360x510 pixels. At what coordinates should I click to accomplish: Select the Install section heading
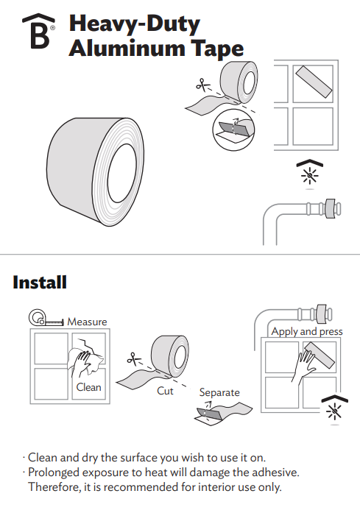[x=40, y=282]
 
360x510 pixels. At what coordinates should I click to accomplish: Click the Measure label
[x=87, y=322]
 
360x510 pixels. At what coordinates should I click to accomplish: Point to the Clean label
[x=88, y=387]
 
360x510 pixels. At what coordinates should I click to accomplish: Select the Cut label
[x=165, y=391]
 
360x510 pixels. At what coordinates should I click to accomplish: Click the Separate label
[x=219, y=393]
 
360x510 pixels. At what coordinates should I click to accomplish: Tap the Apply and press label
[x=307, y=332]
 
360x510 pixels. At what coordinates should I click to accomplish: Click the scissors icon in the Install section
[x=133, y=359]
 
